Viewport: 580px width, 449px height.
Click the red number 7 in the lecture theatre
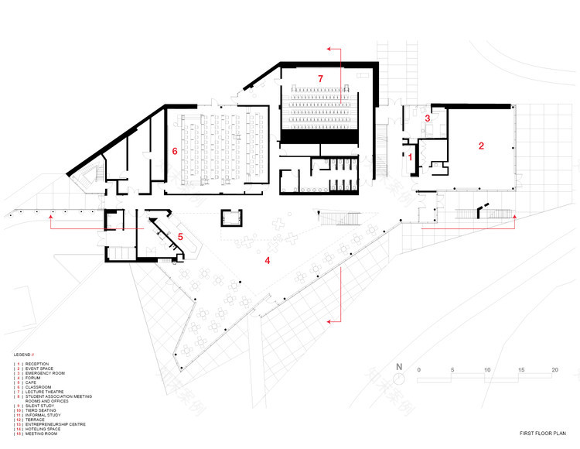pos(318,79)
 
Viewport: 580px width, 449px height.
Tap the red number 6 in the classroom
pos(175,152)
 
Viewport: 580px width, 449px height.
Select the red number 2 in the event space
pos(481,145)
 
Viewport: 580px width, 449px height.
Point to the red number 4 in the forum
pos(268,261)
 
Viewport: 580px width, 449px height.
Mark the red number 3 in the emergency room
pos(427,118)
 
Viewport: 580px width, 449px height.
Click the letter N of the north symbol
pos(399,367)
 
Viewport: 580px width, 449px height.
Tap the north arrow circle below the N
pos(399,379)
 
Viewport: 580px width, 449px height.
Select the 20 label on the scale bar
pos(554,371)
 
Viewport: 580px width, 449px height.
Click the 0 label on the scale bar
pos(418,371)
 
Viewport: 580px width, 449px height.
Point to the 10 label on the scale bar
pos(486,371)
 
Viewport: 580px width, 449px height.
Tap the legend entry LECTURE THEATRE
pos(48,392)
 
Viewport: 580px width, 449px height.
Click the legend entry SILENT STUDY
pos(43,406)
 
